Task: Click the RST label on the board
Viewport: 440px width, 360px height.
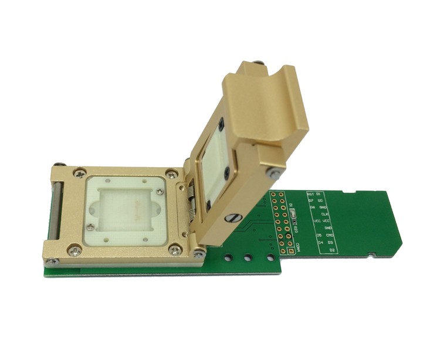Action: point(310,193)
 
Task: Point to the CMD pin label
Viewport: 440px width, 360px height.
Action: point(330,235)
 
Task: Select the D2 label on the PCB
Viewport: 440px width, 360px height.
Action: point(332,250)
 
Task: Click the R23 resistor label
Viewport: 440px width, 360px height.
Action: point(296,220)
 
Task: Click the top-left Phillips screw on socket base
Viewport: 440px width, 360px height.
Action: point(77,174)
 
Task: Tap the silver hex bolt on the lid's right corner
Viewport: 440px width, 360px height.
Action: point(271,171)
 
